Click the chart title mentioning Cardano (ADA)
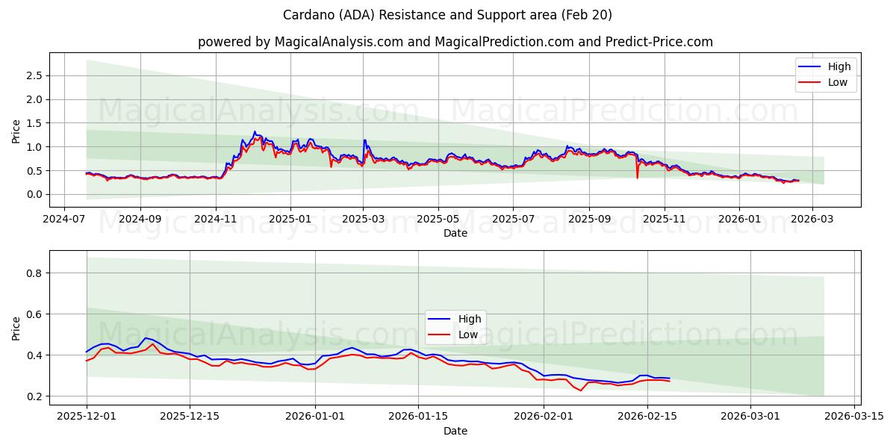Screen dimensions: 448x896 coord(447,15)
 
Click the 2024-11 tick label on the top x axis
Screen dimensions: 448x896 coord(216,220)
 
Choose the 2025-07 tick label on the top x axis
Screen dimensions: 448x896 coord(513,220)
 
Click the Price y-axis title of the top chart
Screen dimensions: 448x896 coord(16,131)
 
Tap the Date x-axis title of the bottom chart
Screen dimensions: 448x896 coord(455,431)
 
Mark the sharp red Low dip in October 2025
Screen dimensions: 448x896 coord(637,177)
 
